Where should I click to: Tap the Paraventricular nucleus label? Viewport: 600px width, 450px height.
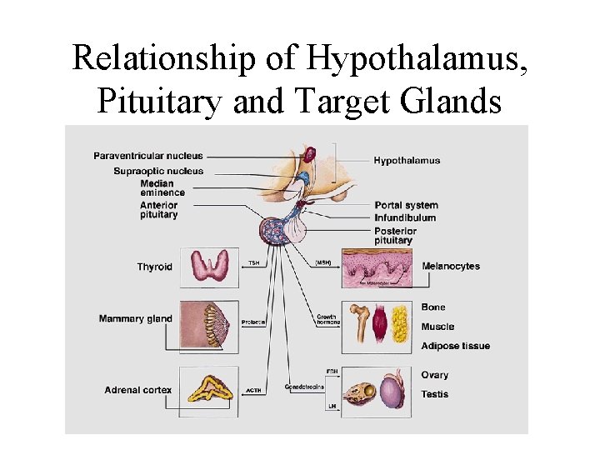[x=147, y=156]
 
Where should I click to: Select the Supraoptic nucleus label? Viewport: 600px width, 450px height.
[x=158, y=172]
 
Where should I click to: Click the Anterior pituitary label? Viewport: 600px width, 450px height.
[x=158, y=210]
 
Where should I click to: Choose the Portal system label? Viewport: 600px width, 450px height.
[x=406, y=206]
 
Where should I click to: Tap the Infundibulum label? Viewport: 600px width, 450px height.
[x=405, y=218]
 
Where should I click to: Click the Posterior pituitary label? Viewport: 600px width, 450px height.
[x=395, y=236]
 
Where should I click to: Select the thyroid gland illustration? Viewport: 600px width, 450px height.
[x=214, y=266]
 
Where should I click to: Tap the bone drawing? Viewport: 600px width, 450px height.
[x=362, y=323]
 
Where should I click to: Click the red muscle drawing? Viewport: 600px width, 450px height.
[x=379, y=324]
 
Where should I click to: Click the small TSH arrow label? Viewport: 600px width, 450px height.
[x=253, y=263]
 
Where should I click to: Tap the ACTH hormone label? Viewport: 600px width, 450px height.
[x=253, y=388]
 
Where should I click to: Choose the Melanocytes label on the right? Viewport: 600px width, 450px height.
[x=451, y=267]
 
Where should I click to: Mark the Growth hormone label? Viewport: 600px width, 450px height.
[x=327, y=320]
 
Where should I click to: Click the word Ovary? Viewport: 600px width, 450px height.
[x=434, y=376]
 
